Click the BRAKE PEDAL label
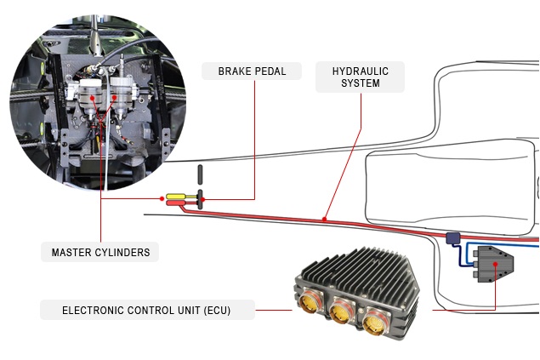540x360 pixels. pyautogui.click(x=252, y=71)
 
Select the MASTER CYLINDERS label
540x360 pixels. pyautogui.click(x=100, y=253)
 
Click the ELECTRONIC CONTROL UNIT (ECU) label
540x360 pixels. pyautogui.click(x=146, y=310)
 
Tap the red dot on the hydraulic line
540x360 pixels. pyautogui.click(x=324, y=220)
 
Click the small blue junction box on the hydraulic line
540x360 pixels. pyautogui.click(x=452, y=239)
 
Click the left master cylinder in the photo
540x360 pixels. pyautogui.click(x=90, y=100)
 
